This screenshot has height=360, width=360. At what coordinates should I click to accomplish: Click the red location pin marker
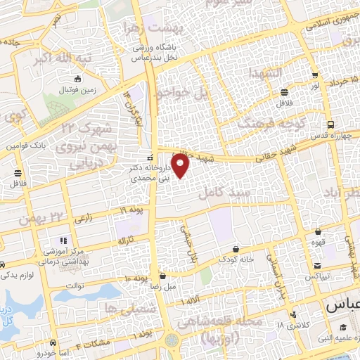point(181,167)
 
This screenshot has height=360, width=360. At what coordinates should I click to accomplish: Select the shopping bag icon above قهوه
point(319,231)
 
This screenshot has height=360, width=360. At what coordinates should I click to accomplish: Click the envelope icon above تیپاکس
point(319,266)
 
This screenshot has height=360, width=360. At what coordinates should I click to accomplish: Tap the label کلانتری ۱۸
point(291,325)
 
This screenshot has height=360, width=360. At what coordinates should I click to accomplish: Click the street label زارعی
point(82,219)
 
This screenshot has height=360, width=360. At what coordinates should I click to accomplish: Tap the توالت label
point(75,285)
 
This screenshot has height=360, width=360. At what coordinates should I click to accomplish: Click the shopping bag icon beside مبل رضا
point(162,276)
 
